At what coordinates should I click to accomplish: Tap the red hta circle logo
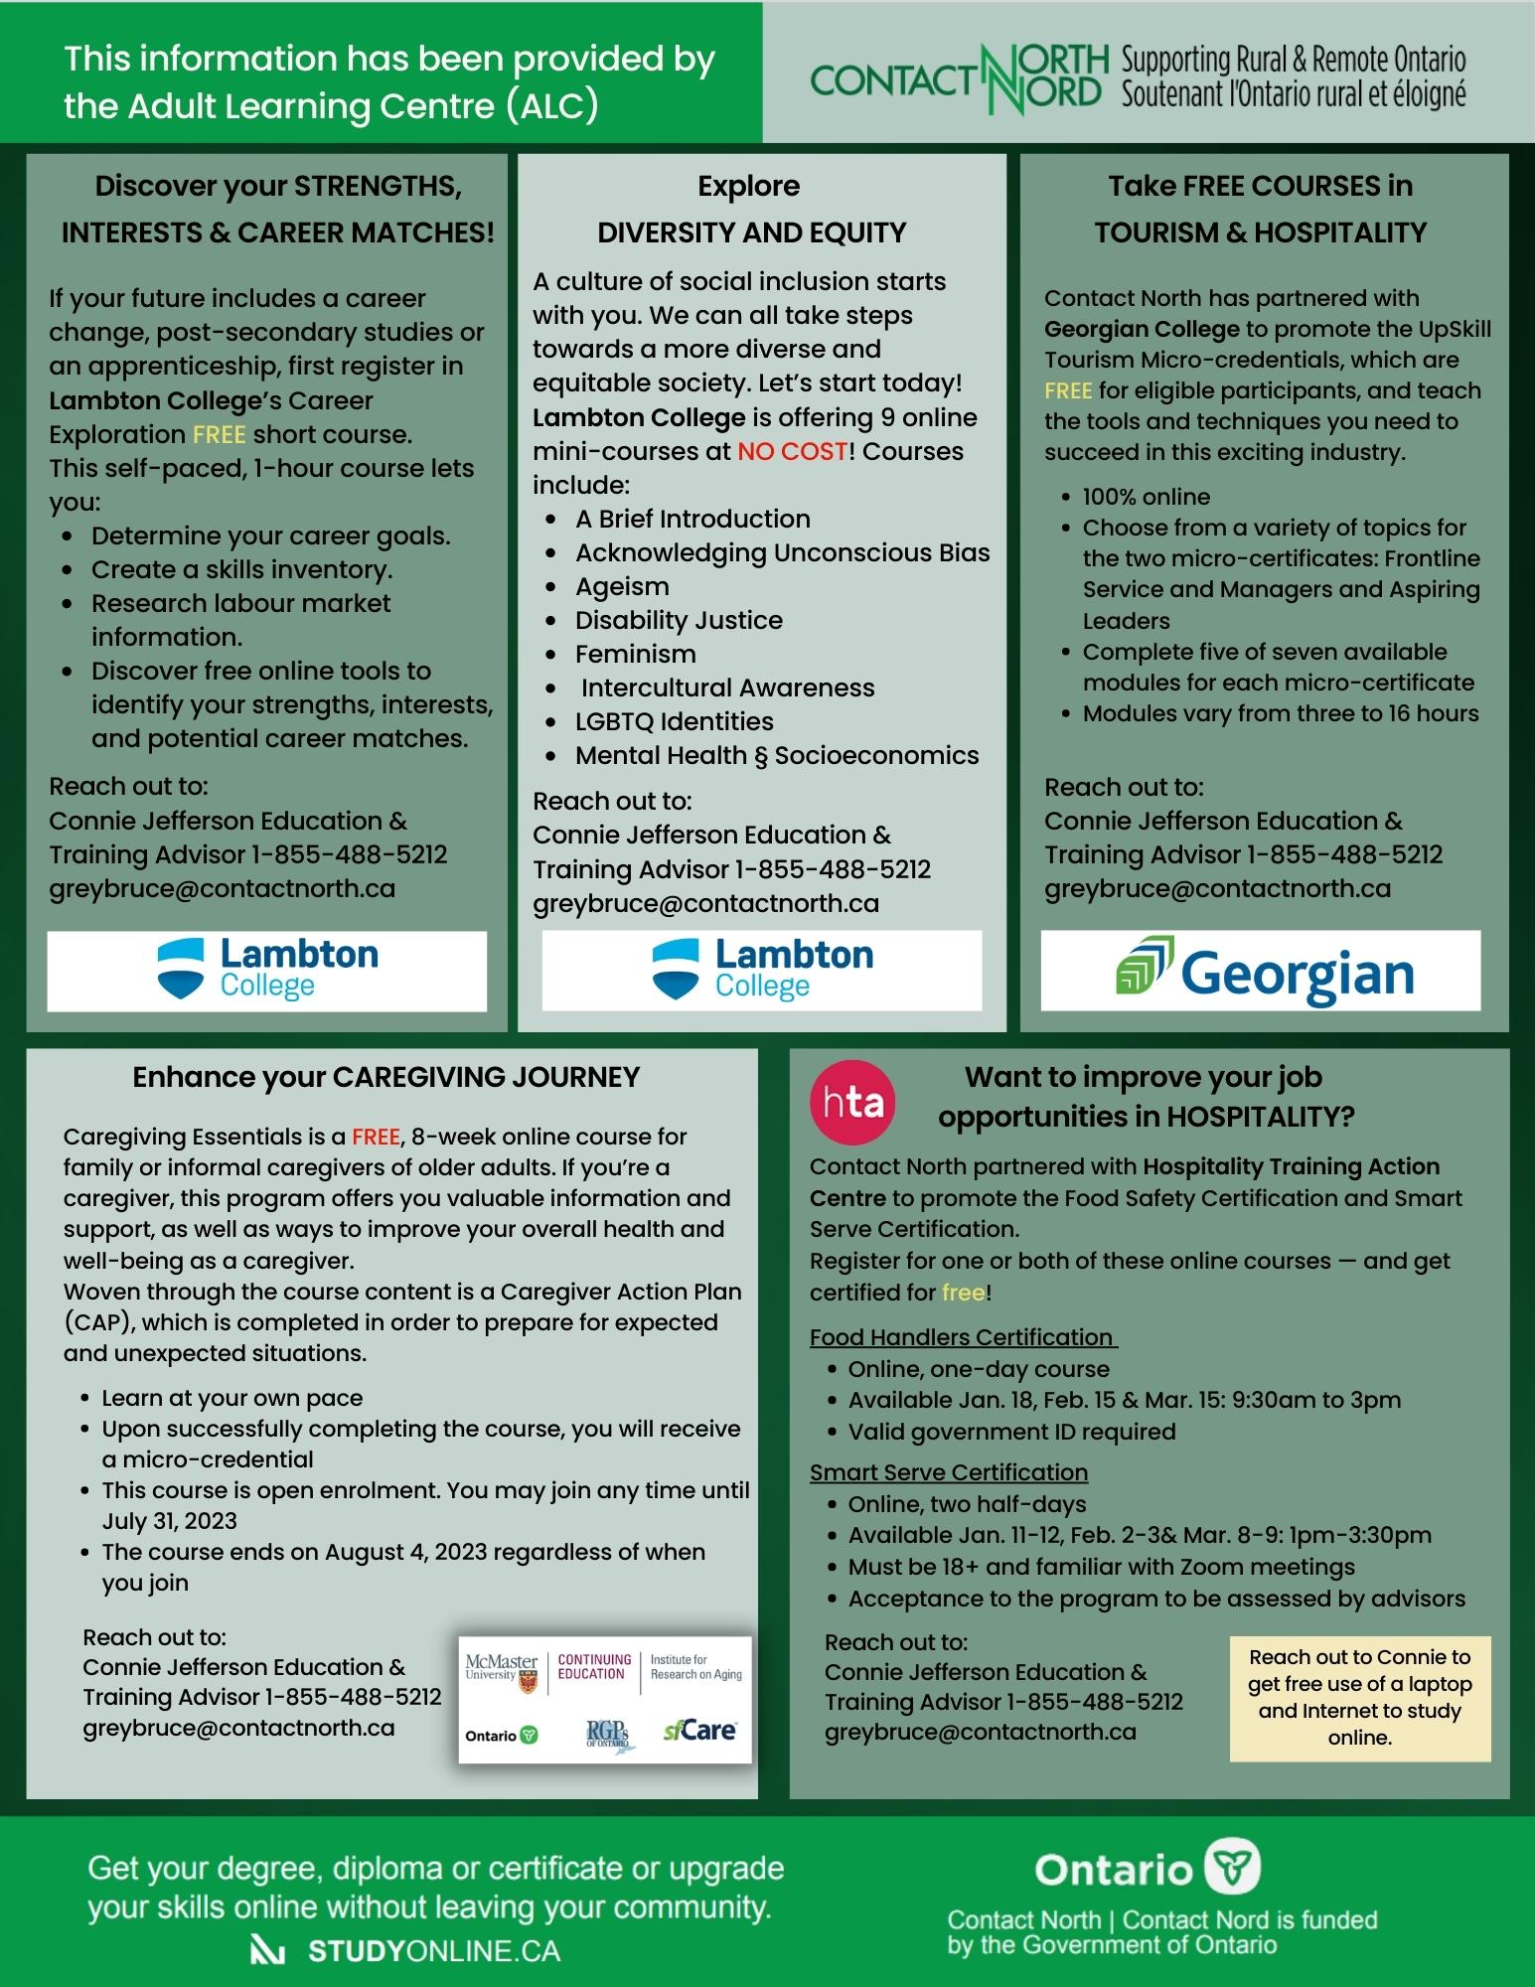pos(852,1102)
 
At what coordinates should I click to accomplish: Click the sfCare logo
pos(699,1731)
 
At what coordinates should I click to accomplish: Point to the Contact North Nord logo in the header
pos(959,78)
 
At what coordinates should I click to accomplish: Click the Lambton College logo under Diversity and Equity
pos(762,970)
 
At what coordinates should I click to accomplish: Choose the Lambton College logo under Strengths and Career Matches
pos(267,970)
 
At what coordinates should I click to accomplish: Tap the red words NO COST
pos(792,451)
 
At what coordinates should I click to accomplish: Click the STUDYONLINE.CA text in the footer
pos(433,1950)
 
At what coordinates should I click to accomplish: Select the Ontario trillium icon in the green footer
pos(1232,1869)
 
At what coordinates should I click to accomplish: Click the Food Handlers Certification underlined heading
pos(962,1337)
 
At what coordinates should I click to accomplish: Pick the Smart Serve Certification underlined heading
pos(948,1471)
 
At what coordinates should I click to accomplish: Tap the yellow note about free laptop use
pos(1359,1697)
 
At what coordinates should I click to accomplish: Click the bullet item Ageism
pos(622,586)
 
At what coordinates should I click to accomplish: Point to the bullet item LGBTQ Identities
pos(674,721)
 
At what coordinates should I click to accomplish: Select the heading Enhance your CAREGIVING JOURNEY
pos(385,1077)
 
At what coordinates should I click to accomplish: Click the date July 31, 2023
pos(170,1521)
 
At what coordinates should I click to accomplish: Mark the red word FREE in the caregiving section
pos(376,1136)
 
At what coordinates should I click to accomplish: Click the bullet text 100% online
pos(1146,497)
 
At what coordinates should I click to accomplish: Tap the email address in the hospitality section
pos(980,1732)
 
